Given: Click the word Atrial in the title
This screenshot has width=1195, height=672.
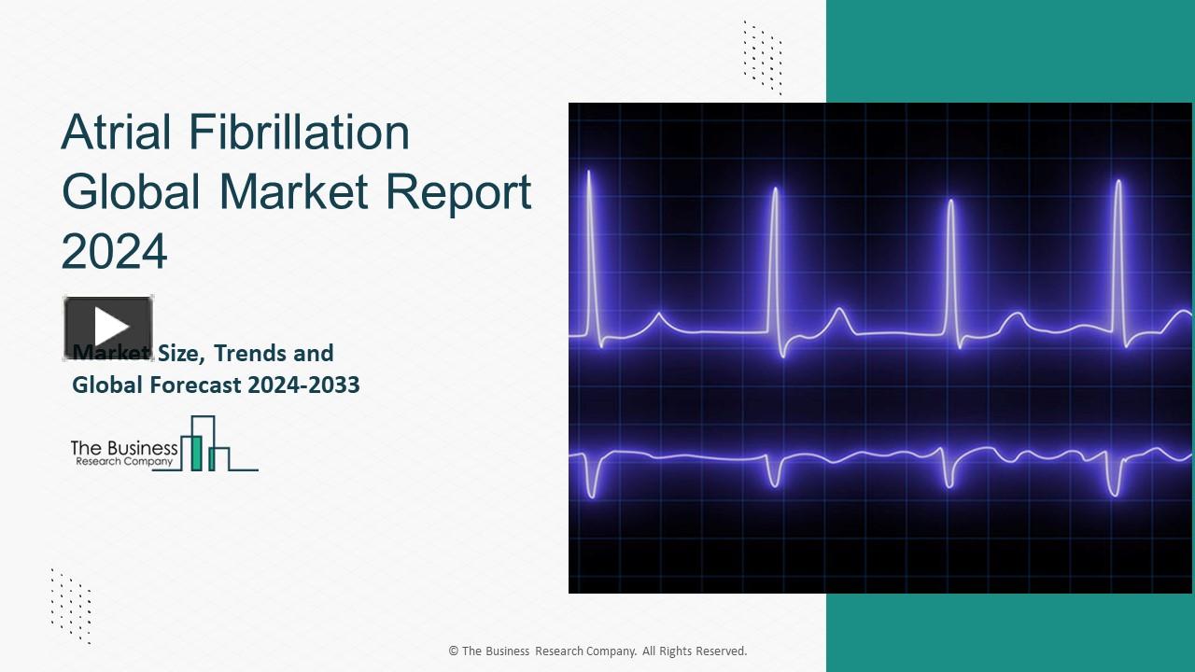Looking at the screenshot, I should (117, 133).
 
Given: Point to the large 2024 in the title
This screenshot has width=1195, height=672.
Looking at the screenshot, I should (114, 251).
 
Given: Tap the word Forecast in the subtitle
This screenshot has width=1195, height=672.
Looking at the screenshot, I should (191, 385).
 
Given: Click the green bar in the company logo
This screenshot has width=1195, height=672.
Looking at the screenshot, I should (196, 453).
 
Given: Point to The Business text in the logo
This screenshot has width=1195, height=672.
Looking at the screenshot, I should (124, 449).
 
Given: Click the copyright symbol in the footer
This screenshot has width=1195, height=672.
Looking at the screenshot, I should (453, 651).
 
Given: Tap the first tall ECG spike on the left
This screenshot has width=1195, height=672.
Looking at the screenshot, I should (589, 252).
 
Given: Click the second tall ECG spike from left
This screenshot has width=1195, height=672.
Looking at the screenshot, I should (775, 261).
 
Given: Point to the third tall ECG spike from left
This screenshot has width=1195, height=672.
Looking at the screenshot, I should (950, 266).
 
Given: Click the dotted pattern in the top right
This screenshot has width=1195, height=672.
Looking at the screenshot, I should (762, 56).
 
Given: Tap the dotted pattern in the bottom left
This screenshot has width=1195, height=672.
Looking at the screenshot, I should (71, 605).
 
